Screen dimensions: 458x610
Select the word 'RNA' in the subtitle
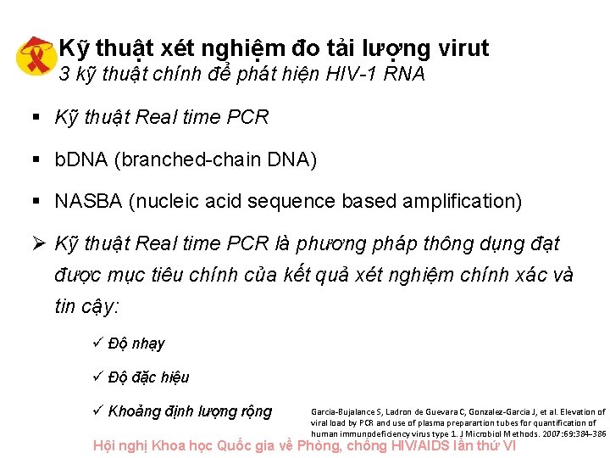[x=403, y=75]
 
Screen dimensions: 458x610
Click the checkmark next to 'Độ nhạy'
[x=96, y=343]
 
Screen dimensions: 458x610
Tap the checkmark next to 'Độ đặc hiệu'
[x=96, y=377]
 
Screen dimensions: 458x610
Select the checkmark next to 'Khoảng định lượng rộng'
[x=96, y=411]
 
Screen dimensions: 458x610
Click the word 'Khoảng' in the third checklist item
[x=133, y=411]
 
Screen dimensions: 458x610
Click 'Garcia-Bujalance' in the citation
[x=340, y=411]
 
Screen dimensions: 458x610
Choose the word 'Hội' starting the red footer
[x=107, y=445]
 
